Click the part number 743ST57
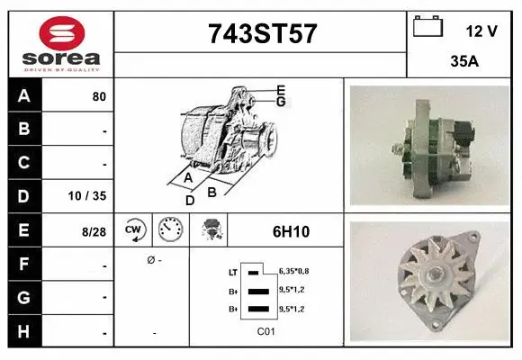click(262, 34)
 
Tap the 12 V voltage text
click(481, 31)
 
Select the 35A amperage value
click(463, 63)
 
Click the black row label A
click(23, 95)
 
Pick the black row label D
click(23, 196)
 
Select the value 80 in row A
click(99, 96)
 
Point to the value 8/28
click(94, 231)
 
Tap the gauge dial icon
click(169, 230)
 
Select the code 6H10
click(291, 231)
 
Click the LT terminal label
click(233, 271)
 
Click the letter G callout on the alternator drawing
click(281, 102)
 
